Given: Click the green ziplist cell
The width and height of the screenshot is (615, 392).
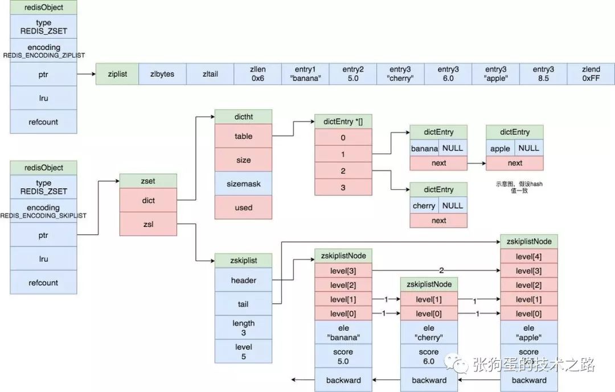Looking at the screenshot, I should (117, 74).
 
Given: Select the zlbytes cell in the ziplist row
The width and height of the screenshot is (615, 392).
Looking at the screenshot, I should (162, 74).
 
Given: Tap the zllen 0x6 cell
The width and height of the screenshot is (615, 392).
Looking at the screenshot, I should (257, 74).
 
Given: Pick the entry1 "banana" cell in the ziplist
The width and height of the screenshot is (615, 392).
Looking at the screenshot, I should (305, 74).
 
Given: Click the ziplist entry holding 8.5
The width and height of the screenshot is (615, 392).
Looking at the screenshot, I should (543, 74).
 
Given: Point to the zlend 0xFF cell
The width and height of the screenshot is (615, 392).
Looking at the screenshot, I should (591, 74).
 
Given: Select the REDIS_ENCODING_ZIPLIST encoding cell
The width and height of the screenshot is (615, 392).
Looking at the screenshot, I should (43, 51).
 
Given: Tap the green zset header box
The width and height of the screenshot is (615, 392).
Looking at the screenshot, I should (148, 180).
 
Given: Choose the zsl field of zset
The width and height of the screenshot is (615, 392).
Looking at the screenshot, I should (148, 224).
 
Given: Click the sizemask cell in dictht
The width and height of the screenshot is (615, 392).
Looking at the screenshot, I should (243, 184).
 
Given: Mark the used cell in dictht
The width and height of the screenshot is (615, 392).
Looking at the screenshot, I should (243, 208).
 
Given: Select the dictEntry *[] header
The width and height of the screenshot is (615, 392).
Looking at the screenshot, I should (343, 122).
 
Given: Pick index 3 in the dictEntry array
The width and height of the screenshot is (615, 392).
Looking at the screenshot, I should (343, 187).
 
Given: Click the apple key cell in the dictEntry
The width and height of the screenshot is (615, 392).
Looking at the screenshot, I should (500, 148).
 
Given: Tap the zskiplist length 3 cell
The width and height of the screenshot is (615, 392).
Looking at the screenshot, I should (243, 328).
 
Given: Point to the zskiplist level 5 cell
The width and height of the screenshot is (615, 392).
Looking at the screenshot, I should (243, 352).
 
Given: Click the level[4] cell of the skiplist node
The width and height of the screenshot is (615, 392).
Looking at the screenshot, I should (528, 257).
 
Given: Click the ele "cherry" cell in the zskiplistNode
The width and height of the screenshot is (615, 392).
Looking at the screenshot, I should (429, 332).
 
